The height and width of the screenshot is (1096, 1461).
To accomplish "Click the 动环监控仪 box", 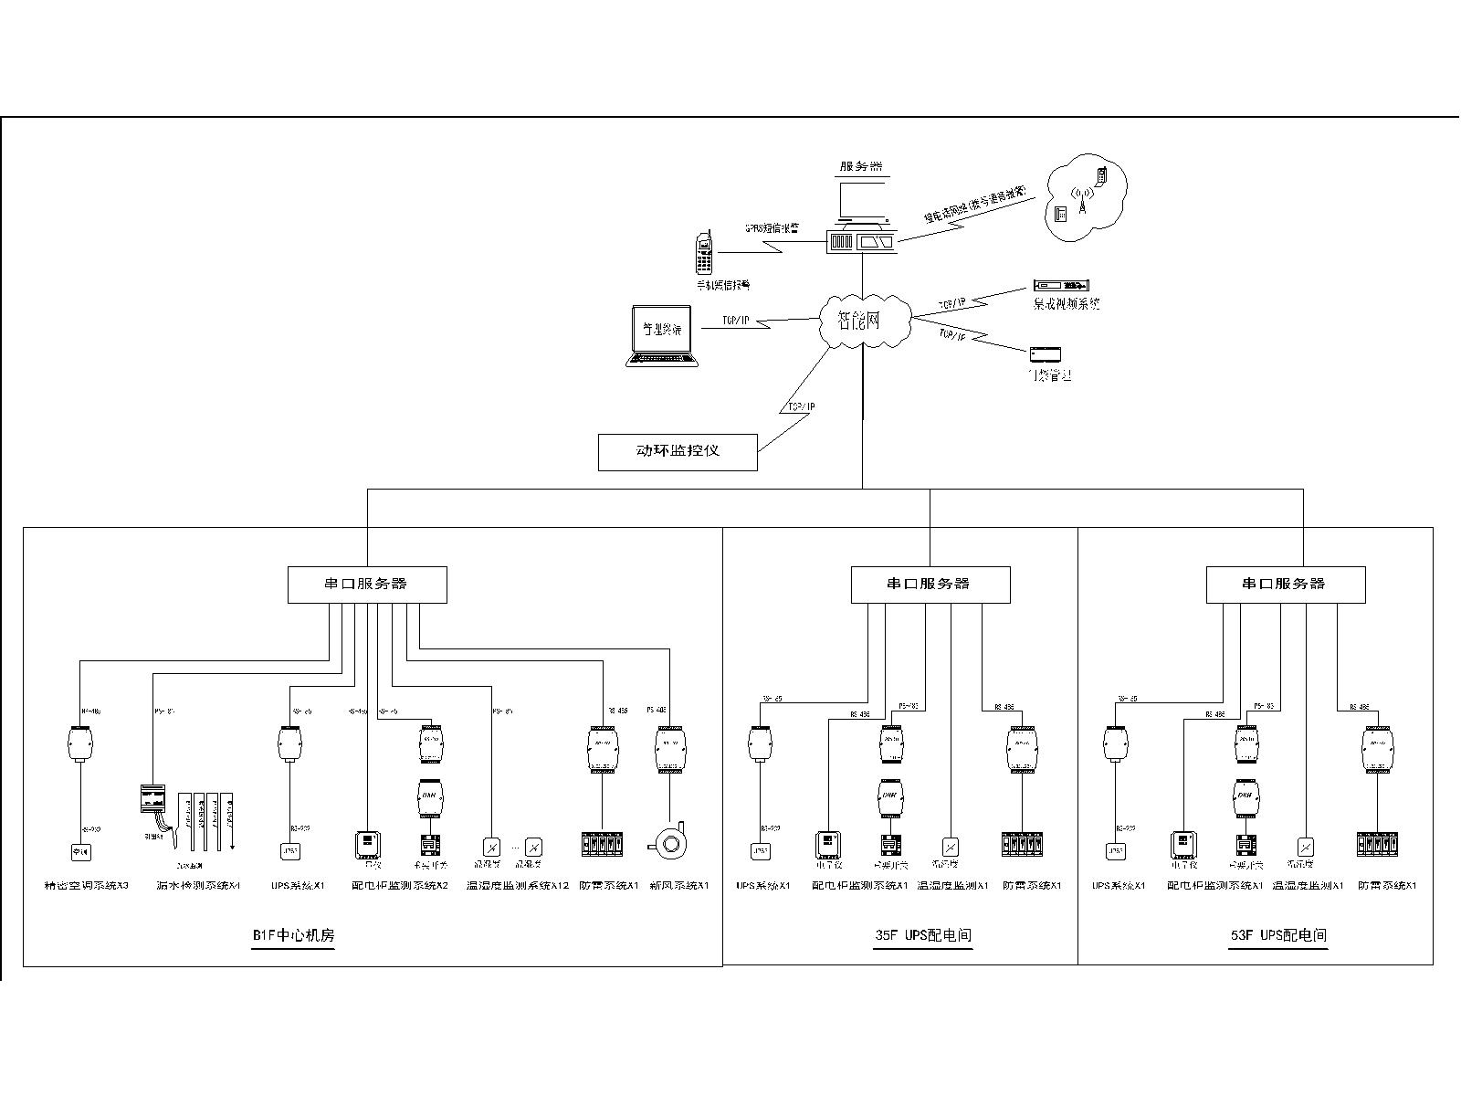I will point(678,451).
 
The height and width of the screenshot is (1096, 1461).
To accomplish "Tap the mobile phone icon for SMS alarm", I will point(703,253).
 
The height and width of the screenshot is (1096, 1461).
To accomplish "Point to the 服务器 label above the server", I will point(861,167).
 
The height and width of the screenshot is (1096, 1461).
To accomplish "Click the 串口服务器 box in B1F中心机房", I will point(367,585).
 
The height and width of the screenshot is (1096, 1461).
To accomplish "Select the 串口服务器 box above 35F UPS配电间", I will point(930,585).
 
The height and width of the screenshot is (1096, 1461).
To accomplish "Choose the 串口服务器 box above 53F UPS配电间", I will point(1285,585).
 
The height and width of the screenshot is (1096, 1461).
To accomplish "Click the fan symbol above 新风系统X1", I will point(672,841).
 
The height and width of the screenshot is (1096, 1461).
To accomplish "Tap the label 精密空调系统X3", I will point(86,886).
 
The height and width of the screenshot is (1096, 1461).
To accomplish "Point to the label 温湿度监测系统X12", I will point(517,886).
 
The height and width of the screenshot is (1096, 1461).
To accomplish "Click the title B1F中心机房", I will point(288,935).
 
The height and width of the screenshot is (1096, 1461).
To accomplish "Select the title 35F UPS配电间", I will point(922,935).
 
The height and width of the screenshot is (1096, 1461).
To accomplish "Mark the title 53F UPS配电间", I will point(1277,935).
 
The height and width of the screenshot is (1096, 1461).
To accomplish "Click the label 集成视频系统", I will point(1066,304).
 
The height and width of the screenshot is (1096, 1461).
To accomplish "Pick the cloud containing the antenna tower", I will point(1085,203).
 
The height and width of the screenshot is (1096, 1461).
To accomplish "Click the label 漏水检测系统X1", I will point(198,886).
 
